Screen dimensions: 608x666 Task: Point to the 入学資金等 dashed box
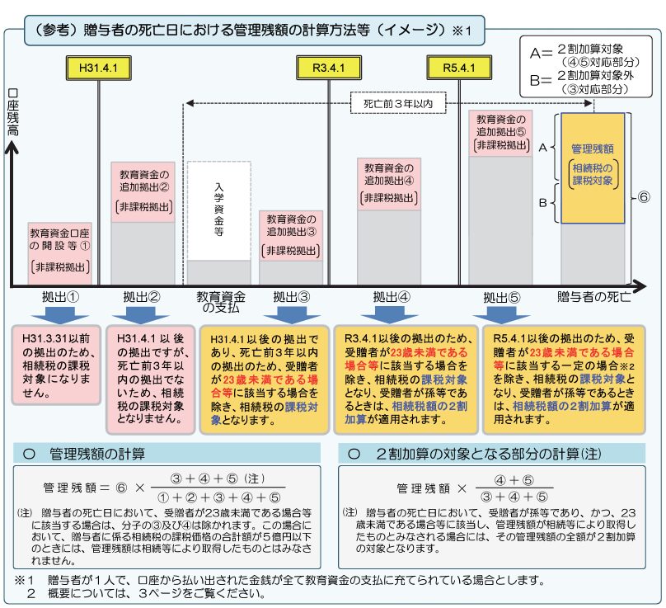(218, 210)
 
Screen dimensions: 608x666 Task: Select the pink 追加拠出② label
(142, 191)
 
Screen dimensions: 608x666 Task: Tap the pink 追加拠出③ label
(291, 235)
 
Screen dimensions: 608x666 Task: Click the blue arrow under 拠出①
(59, 315)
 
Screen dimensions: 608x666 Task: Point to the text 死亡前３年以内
(393, 104)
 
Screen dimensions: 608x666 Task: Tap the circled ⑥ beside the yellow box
(645, 199)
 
